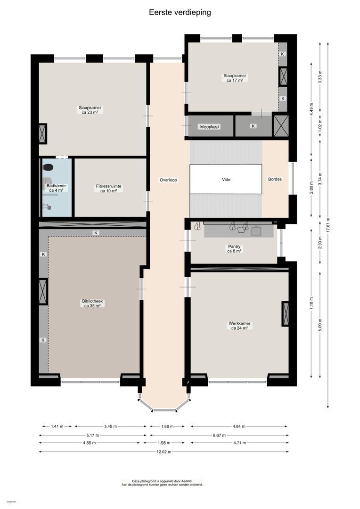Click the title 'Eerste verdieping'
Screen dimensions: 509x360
[180, 13]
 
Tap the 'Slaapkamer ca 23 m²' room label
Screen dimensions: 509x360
[90, 110]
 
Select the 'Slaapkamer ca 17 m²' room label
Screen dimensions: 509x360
[234, 78]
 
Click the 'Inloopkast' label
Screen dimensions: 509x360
[209, 126]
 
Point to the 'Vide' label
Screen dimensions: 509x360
[226, 180]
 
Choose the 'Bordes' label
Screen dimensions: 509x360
[275, 180]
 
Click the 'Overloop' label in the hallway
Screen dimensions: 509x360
[168, 180]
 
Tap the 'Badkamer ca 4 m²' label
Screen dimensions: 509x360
[57, 189]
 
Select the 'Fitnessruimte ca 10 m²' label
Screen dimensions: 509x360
[109, 189]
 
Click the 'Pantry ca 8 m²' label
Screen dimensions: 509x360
[234, 248]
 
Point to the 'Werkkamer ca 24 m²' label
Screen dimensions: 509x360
[239, 326]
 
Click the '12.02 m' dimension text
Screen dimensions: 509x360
[164, 452]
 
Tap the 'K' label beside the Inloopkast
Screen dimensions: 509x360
[253, 126]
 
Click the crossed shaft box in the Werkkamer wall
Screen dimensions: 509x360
[286, 313]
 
